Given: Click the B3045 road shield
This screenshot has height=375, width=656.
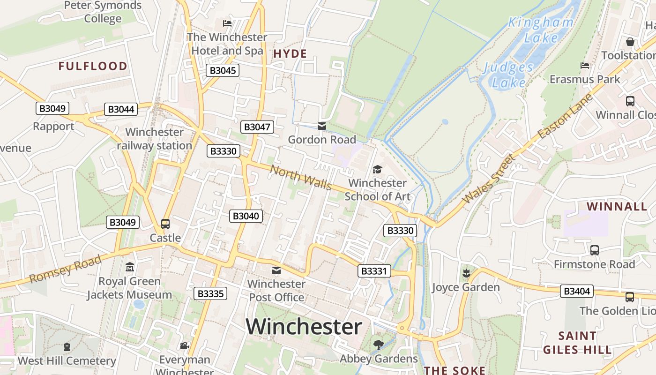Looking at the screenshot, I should click(x=223, y=71).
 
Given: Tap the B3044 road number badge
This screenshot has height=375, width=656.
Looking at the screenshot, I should click(x=121, y=109).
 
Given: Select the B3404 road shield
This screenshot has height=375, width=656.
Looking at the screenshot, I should click(x=577, y=291).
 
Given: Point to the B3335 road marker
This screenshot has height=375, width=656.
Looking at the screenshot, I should click(x=210, y=294).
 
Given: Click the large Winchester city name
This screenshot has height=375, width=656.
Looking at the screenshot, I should click(x=304, y=326).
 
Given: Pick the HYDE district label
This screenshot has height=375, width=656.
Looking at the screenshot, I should click(x=290, y=54).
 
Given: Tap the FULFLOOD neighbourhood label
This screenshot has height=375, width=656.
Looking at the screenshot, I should click(x=93, y=66).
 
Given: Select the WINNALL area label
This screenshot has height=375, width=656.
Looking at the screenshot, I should click(x=617, y=206).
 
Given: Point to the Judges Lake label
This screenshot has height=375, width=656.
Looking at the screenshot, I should click(x=509, y=75).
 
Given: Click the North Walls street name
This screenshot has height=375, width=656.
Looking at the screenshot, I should click(x=301, y=178).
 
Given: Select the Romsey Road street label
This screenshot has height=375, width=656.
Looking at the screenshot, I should click(x=65, y=270).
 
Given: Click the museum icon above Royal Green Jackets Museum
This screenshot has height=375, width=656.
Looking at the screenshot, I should click(x=130, y=267).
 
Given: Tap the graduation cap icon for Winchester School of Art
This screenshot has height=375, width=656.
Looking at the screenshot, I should click(x=377, y=169).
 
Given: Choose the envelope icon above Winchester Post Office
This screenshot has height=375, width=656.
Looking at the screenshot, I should click(x=276, y=270).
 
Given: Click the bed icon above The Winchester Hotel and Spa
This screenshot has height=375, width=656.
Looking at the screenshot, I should click(x=227, y=23).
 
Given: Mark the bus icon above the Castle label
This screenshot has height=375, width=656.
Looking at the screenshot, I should click(x=165, y=224).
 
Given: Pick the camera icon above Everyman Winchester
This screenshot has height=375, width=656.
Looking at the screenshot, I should click(x=184, y=346).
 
